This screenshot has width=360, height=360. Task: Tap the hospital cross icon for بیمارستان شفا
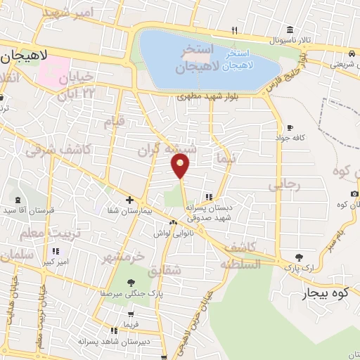pos(129,200)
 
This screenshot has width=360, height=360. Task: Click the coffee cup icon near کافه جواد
pos(290,128)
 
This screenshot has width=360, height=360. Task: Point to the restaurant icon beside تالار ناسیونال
pos(235,30)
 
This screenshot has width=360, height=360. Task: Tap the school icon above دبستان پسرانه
pos(208,197)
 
